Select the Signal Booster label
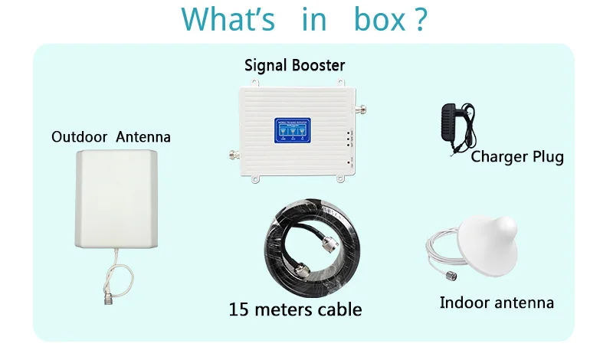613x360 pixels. (x=295, y=64)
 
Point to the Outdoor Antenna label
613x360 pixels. (x=111, y=137)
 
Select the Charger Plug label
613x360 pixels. (x=517, y=157)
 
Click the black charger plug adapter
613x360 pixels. (x=452, y=123)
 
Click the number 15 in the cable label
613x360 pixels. (x=239, y=310)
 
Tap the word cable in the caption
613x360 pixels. (x=338, y=310)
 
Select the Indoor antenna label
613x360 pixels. (x=497, y=303)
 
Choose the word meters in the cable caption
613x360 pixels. (x=284, y=310)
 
